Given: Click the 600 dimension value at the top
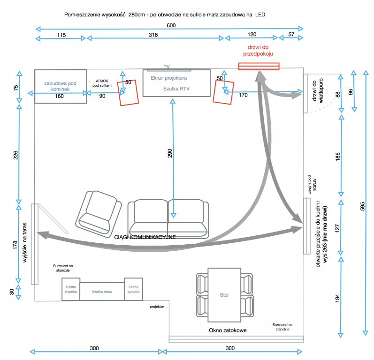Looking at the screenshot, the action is [x=171, y=25].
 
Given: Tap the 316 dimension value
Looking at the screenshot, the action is [x=153, y=35].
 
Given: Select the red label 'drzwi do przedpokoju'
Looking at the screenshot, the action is [x=258, y=51].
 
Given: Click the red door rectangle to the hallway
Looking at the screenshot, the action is [x=259, y=66].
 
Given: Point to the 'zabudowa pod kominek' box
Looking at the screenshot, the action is [x=61, y=87].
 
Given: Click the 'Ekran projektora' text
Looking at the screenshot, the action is [x=168, y=78].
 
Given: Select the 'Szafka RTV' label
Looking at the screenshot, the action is [x=176, y=89].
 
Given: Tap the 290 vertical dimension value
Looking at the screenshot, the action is [x=169, y=153].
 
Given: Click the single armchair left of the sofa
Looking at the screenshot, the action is [x=99, y=214].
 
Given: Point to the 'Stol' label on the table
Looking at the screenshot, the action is [x=224, y=295].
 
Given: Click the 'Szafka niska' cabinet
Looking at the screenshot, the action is [x=102, y=292].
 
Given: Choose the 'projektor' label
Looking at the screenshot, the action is [x=157, y=307].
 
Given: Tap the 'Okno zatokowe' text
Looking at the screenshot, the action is [x=228, y=330].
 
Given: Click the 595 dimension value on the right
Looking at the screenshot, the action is [x=362, y=206].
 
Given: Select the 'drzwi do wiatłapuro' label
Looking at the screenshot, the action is [x=318, y=90].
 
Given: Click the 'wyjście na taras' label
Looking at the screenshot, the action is [x=24, y=242].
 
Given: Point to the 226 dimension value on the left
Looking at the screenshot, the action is [x=15, y=155].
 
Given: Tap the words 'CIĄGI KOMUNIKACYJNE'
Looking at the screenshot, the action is [x=145, y=237].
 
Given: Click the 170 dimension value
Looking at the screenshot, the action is [x=243, y=95].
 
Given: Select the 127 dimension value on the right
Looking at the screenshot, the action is [x=337, y=228].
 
